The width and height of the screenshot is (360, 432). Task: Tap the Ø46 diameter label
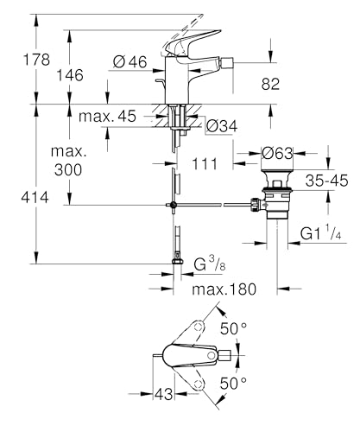pos(129,60)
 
